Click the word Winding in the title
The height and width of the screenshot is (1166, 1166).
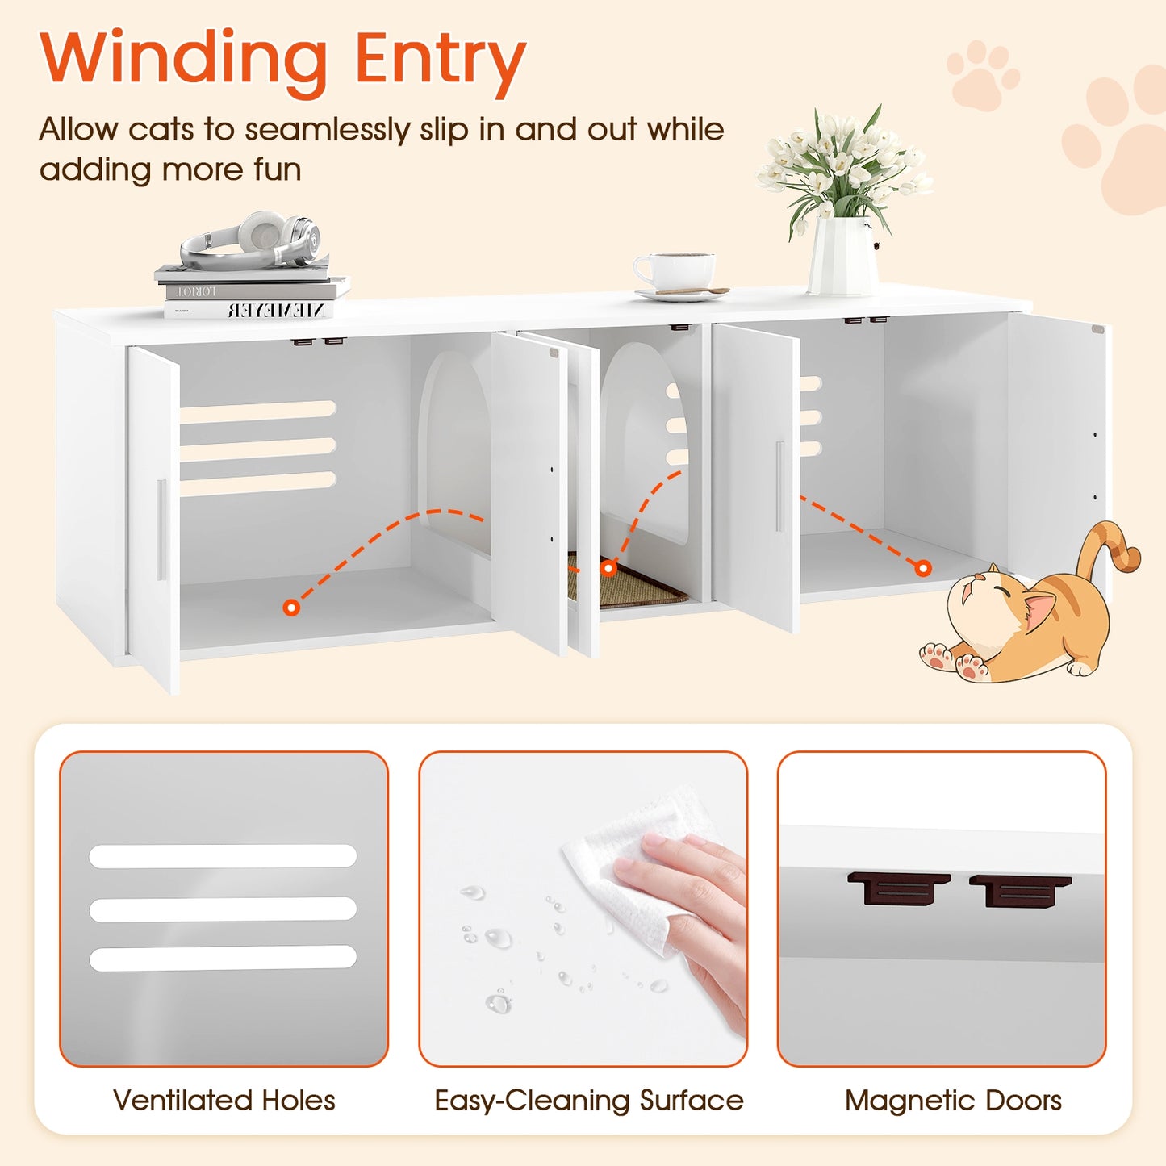pyautogui.click(x=183, y=58)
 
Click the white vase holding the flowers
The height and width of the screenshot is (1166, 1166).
pyautogui.click(x=842, y=256)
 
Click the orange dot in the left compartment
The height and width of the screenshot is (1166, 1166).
pyautogui.click(x=292, y=607)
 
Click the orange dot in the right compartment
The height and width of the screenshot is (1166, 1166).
pyautogui.click(x=923, y=568)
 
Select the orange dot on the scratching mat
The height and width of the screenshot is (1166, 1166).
pyautogui.click(x=609, y=568)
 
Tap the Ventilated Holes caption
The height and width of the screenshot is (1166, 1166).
pyautogui.click(x=224, y=1101)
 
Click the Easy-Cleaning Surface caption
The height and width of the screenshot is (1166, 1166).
pyautogui.click(x=588, y=1101)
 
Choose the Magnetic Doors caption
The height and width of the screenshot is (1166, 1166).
pyautogui.click(x=953, y=1101)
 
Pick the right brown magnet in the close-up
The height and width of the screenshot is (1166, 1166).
pyautogui.click(x=1020, y=891)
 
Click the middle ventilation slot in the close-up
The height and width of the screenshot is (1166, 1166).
pyautogui.click(x=223, y=909)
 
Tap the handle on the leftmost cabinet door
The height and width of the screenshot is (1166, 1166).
pyautogui.click(x=161, y=529)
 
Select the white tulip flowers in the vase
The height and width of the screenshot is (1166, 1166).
pyautogui.click(x=843, y=162)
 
